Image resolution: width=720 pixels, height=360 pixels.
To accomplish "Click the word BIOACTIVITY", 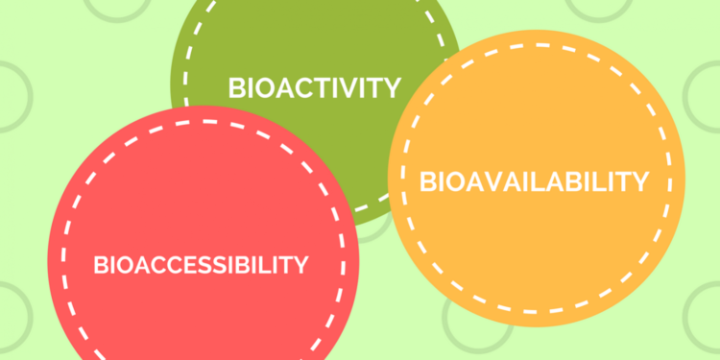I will pyautogui.click(x=314, y=88).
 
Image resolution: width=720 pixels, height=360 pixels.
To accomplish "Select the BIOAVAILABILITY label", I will pyautogui.click(x=534, y=180).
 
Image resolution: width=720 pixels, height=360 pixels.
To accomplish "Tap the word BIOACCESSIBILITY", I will pyautogui.click(x=202, y=264).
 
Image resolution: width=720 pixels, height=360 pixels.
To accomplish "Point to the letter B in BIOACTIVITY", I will pyautogui.click(x=236, y=88).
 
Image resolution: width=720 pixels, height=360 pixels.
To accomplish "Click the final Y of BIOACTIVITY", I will pyautogui.click(x=392, y=88).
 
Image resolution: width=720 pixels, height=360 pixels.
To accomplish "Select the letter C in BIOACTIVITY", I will pyautogui.click(x=295, y=88).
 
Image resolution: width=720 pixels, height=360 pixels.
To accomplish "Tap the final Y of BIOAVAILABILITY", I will pyautogui.click(x=640, y=180).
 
